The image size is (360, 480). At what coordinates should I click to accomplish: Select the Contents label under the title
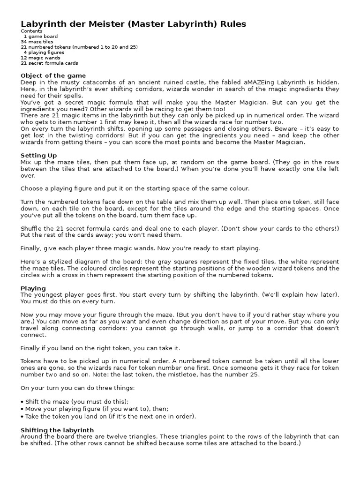pos(31,31)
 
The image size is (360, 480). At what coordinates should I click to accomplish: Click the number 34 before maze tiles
pos(24,42)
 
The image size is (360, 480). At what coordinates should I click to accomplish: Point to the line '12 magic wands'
pos(40,58)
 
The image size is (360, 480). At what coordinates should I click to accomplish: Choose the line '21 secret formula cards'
pos(49,63)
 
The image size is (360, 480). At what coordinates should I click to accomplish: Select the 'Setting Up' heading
pos(39,155)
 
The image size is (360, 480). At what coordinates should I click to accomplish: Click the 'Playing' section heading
pos(33,288)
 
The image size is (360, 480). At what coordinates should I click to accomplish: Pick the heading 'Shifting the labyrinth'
pos(57,430)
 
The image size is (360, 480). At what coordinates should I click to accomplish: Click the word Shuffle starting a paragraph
pos(32,228)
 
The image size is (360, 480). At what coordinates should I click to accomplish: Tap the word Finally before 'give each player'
pos(32,248)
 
